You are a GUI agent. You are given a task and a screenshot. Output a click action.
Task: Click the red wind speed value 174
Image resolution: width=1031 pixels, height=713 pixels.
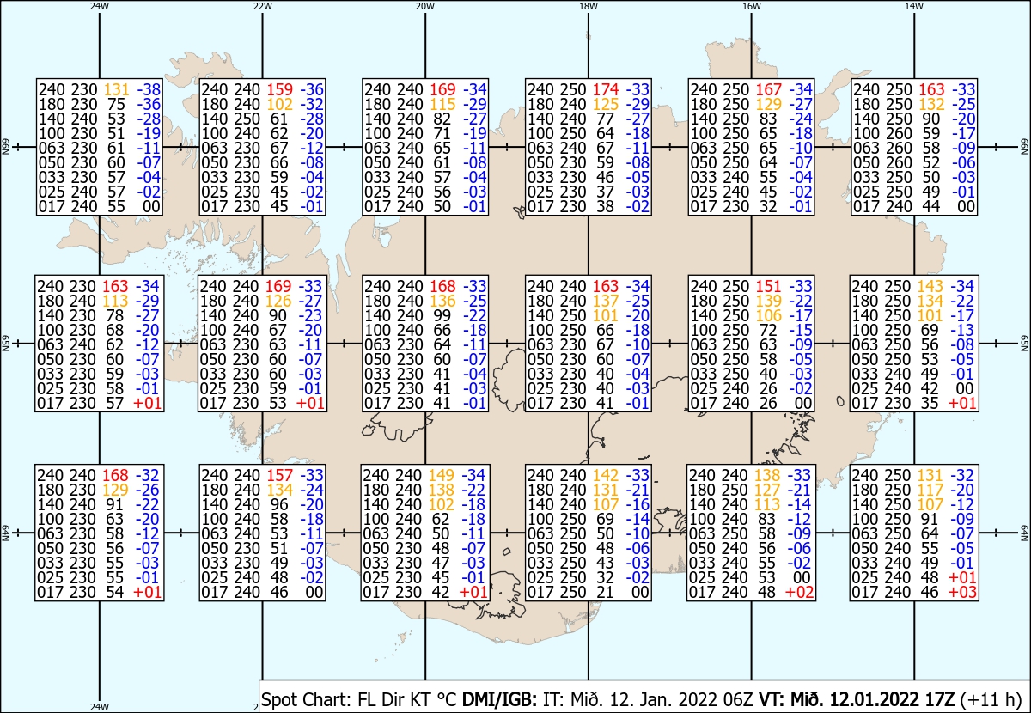click(x=605, y=89)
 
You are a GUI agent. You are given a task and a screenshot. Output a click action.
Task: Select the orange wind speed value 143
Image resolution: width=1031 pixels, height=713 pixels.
click(x=930, y=286)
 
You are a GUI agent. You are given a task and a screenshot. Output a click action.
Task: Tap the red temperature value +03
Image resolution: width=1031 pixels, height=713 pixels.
click(x=962, y=592)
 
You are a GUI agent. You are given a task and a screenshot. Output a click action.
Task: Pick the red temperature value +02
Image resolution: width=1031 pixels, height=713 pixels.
click(x=800, y=592)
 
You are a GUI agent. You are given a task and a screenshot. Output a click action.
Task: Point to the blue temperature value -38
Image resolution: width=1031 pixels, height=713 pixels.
click(x=149, y=89)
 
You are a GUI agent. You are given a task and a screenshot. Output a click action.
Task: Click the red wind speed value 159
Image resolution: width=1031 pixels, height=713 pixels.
click(x=279, y=89)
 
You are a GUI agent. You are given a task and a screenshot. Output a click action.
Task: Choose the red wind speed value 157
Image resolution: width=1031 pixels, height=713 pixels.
click(x=279, y=475)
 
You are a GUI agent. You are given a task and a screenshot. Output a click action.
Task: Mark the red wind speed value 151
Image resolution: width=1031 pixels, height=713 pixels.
click(x=768, y=286)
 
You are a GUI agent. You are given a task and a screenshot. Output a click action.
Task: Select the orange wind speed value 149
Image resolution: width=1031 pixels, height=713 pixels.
click(x=442, y=475)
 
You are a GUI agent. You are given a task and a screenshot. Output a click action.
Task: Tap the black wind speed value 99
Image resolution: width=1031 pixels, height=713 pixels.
click(x=442, y=316)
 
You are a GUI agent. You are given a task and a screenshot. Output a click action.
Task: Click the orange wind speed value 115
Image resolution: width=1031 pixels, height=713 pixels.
click(x=442, y=104)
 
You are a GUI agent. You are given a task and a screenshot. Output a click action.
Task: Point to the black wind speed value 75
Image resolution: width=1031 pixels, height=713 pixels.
click(x=117, y=104)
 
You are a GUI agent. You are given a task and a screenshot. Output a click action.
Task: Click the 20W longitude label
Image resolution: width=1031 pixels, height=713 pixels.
click(x=424, y=7)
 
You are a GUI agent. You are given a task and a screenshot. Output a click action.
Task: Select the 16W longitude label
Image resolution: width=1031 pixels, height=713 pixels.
click(x=752, y=7)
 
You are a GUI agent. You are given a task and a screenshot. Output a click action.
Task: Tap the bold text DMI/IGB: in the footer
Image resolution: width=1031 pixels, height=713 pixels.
click(x=499, y=699)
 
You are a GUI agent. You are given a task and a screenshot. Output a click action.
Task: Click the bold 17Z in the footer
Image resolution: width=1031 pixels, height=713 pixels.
click(x=937, y=699)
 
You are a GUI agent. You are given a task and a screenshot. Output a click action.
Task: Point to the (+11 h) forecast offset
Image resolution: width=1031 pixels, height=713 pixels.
click(x=991, y=700)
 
